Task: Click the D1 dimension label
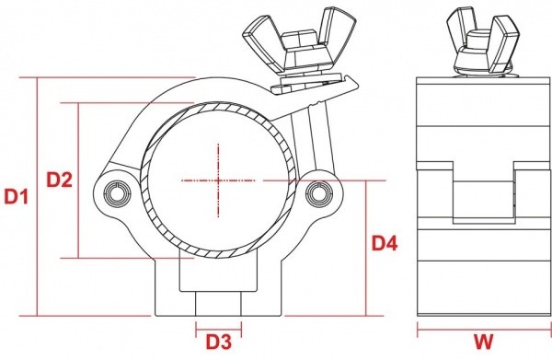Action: [16, 196]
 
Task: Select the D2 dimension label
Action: [60, 180]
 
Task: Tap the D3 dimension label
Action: [219, 342]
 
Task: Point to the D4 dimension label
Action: [385, 243]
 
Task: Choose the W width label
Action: [483, 342]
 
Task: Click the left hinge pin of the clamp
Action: [119, 193]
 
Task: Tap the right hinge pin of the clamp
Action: [318, 194]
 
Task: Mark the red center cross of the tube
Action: [218, 180]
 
